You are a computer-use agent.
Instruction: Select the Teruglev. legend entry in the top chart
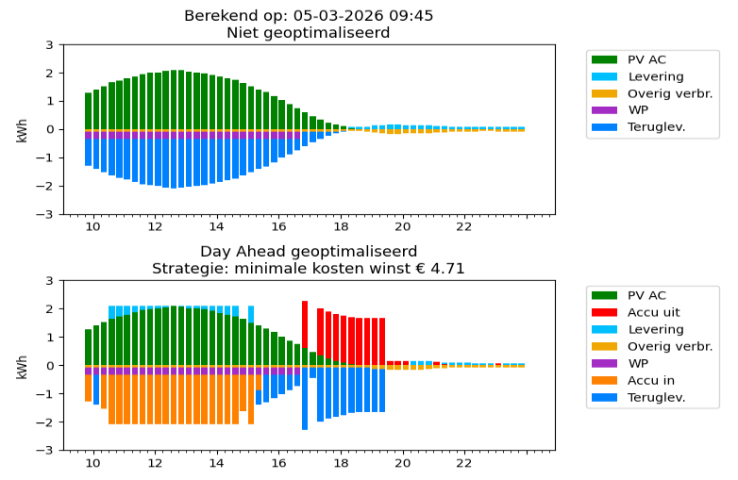coord(652,127)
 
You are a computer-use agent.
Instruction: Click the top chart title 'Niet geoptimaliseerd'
coord(308,33)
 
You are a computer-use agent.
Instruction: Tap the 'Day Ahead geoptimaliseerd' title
coord(308,252)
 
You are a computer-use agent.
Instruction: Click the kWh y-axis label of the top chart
coord(22,129)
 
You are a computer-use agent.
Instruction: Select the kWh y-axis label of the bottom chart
coord(22,365)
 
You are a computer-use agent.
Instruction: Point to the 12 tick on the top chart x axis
coord(155,227)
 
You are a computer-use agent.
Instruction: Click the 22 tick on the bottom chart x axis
coord(463,463)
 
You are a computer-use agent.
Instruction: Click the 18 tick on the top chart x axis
coord(340,227)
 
